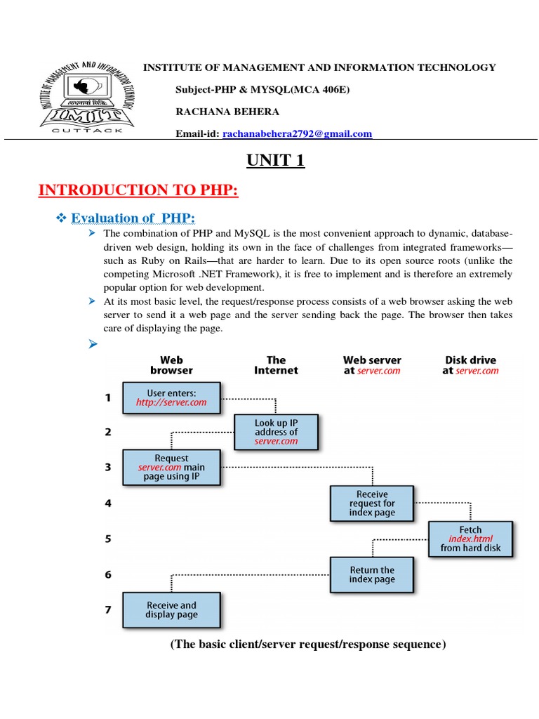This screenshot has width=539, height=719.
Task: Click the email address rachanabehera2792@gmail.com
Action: coord(297,133)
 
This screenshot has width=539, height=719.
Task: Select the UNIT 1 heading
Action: coord(275,161)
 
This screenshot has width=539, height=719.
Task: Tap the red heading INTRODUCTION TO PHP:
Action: coord(138,190)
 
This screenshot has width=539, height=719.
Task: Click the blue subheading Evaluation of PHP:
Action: coord(133,218)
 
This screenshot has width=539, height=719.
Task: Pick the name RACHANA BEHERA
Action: coord(227,112)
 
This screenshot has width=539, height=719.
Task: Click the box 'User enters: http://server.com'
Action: coord(171,397)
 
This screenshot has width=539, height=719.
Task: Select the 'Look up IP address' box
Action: coord(276,432)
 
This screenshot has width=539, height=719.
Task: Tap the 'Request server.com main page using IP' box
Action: coord(171,467)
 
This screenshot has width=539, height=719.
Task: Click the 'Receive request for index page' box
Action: coord(372,503)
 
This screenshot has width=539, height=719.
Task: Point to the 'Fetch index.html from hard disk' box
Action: coord(470,539)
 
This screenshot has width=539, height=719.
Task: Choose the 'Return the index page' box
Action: coord(372,574)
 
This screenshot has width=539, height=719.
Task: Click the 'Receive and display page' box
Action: coord(171,609)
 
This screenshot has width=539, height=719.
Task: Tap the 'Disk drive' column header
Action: coord(470,365)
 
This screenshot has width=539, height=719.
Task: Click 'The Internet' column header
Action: coord(276,365)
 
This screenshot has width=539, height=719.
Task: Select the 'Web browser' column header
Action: coord(171,365)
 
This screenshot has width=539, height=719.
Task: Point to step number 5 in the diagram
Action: coord(108,539)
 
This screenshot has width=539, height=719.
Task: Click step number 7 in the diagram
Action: coord(108,609)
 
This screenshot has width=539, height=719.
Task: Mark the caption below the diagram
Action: coord(308,645)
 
